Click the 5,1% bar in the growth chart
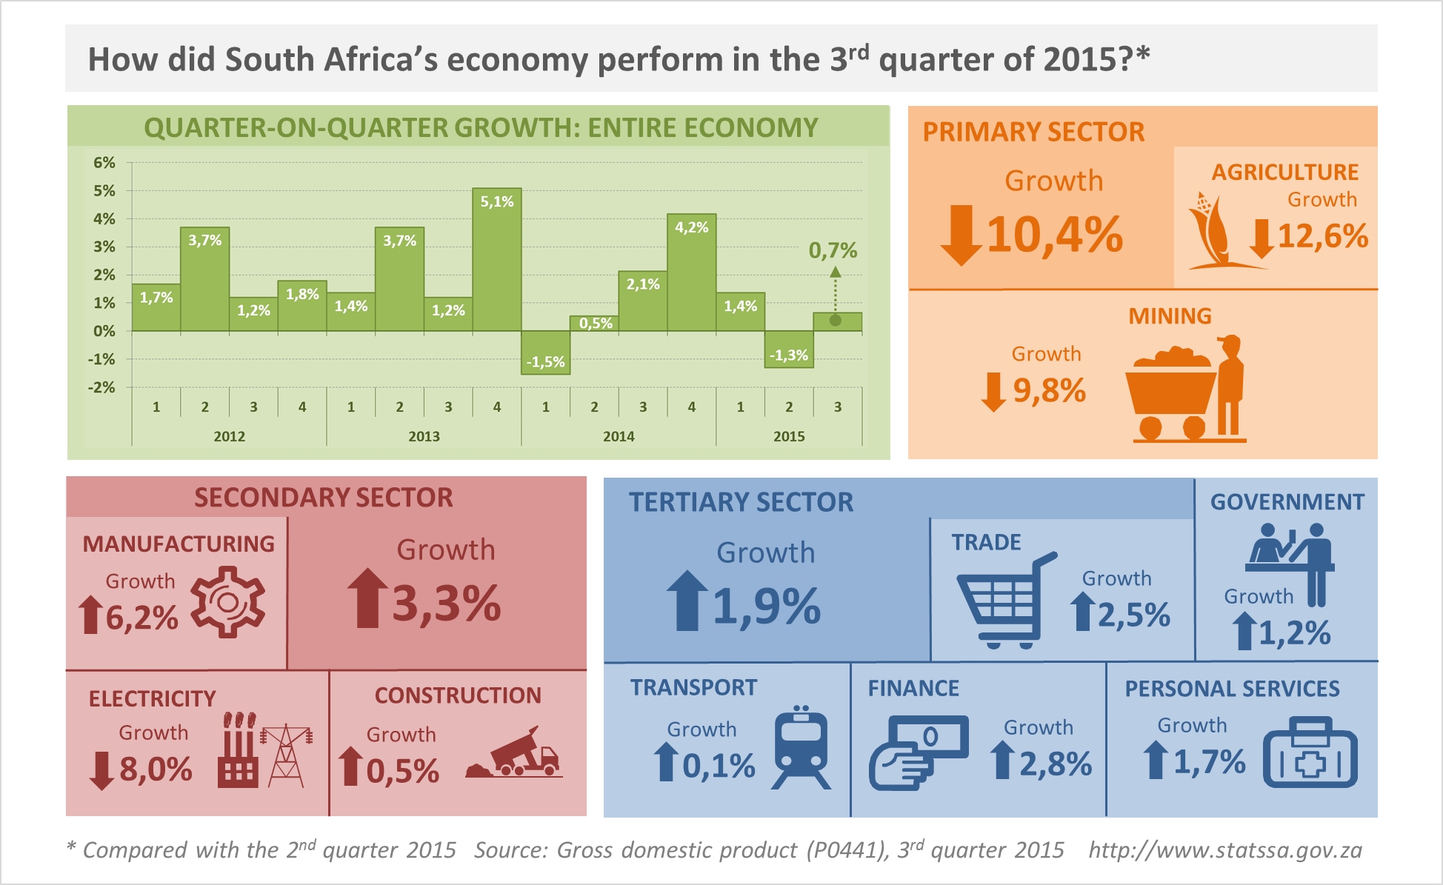496,259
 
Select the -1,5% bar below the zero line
545,353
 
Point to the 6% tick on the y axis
104,163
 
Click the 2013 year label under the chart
424,436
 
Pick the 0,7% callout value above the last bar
833,250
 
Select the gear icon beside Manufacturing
227,602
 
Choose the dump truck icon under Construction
516,755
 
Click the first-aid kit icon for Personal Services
1310,753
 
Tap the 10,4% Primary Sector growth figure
1055,235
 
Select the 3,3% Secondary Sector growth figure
446,604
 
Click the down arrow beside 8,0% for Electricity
101,771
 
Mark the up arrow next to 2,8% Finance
1002,761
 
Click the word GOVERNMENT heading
1287,502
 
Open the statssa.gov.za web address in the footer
1225,850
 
